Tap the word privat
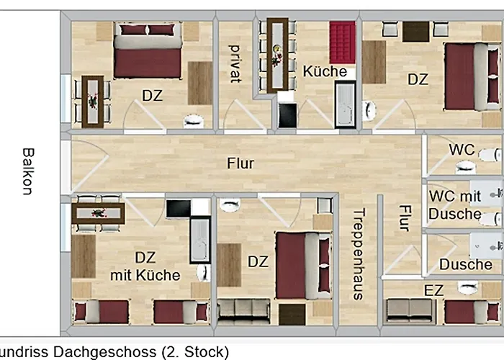point(234,63)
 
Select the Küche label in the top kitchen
point(325,72)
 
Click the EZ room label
point(434,289)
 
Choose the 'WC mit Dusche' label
point(455,204)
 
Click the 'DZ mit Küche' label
point(145,266)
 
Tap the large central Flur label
point(240,163)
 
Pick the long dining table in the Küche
point(277,54)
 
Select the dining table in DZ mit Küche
point(99,214)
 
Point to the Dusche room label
point(466,264)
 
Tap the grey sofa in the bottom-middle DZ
point(243,310)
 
